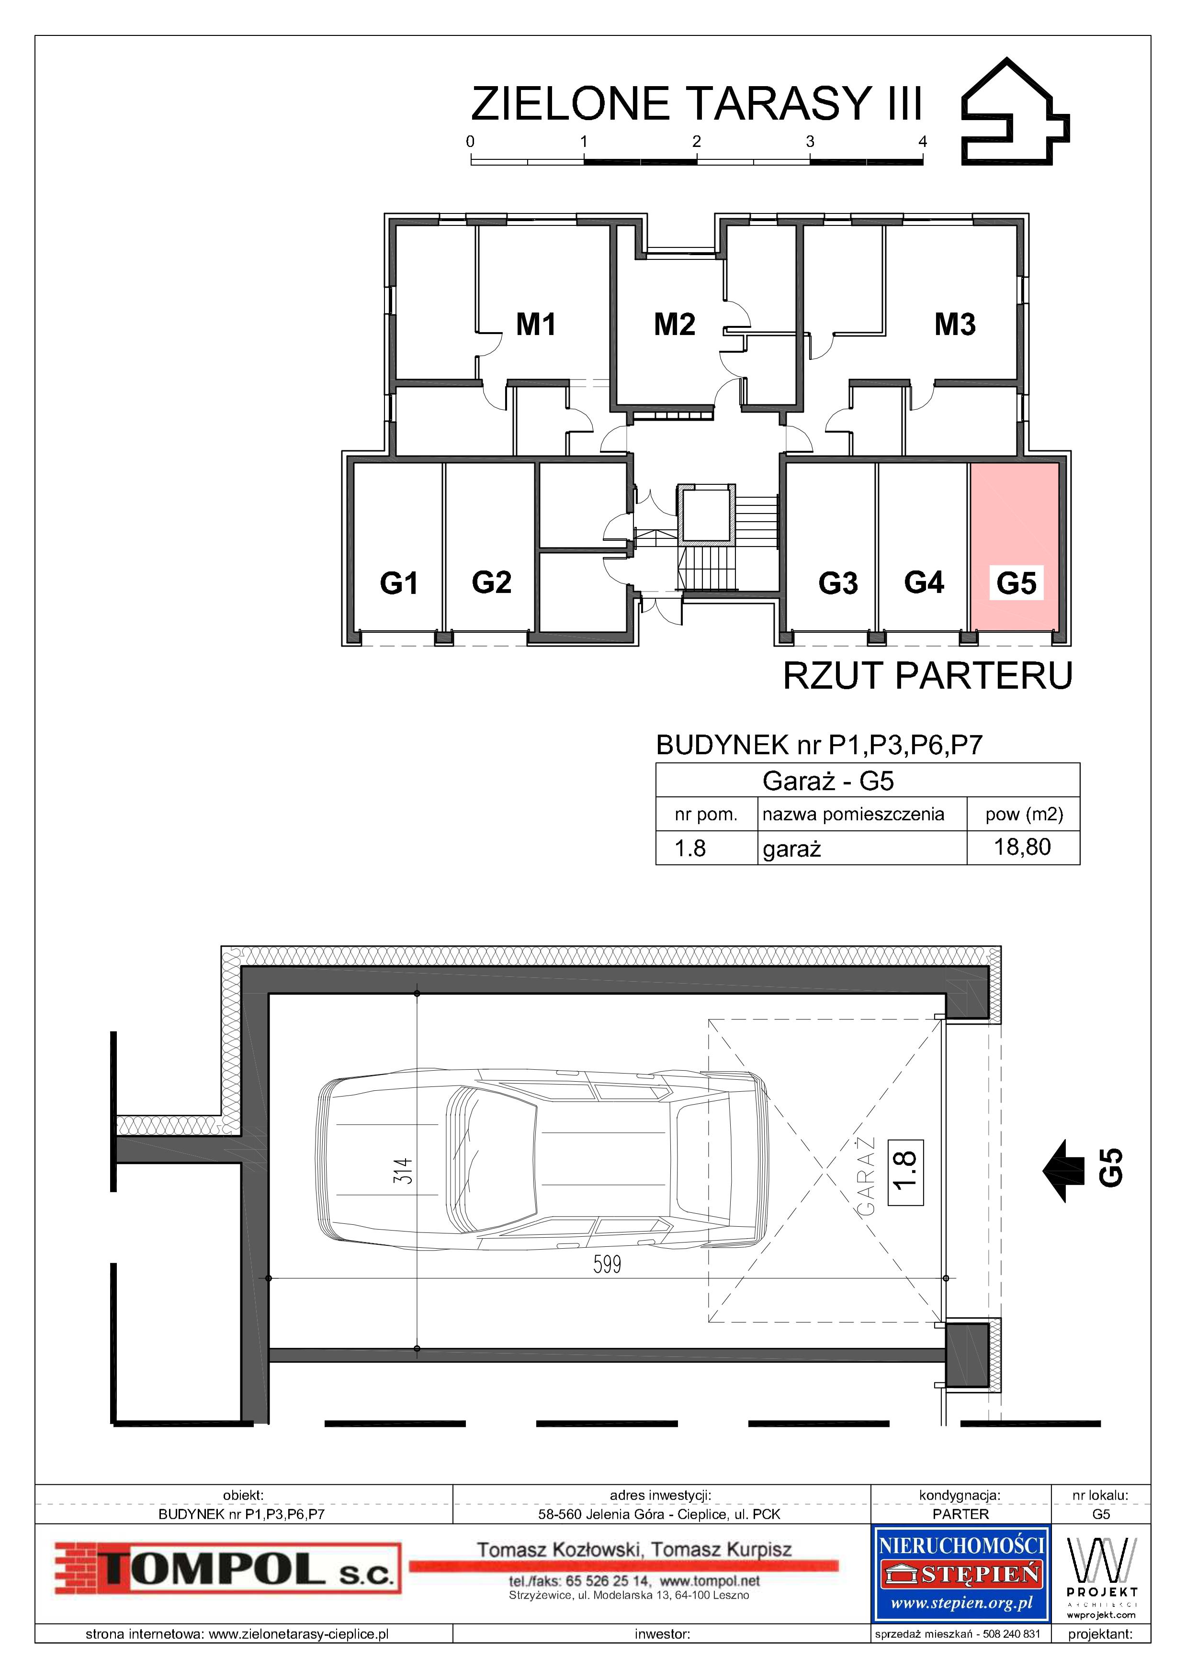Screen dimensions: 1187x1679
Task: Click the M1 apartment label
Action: pos(536,324)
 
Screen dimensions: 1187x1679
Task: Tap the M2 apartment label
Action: pos(674,324)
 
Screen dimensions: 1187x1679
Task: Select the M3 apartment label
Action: pos(955,324)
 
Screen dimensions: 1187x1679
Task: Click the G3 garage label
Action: pos(837,583)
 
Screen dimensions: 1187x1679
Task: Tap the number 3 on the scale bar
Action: pos(810,141)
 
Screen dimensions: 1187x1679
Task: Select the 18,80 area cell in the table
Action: pos(1022,847)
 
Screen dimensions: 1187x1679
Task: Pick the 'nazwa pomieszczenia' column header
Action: pos(853,815)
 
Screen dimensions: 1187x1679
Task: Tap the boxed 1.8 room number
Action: pos(905,1172)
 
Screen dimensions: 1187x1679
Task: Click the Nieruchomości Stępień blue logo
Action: pos(961,1573)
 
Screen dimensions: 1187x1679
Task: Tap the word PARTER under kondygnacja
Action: pos(961,1514)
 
